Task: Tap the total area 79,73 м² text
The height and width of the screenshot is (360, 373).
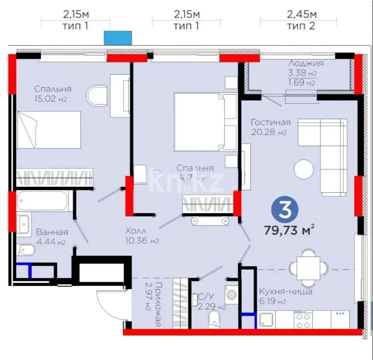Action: (288, 230)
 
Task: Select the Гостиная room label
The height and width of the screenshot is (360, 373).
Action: (271, 122)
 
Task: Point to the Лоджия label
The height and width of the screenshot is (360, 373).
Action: (306, 63)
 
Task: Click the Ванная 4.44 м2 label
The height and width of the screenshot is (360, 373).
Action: (52, 232)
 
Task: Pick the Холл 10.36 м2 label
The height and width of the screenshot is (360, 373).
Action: (136, 231)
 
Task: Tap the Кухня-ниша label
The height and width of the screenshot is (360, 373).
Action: (285, 292)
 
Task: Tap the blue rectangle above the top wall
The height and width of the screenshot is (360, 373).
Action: (118, 38)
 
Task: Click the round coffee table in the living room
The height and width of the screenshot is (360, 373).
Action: (304, 170)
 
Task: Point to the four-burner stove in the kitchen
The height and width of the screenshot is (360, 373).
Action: (303, 320)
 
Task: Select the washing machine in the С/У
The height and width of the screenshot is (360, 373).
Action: (231, 295)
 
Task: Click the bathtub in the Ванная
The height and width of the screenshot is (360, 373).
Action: (43, 201)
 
